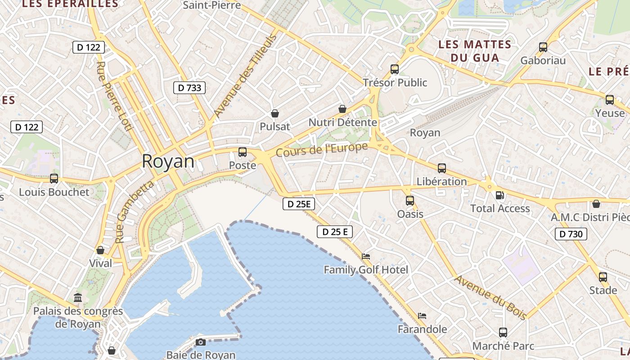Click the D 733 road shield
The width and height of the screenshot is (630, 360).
(189, 88)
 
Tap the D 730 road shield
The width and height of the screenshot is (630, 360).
(571, 234)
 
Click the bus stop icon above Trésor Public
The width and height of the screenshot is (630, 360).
(395, 69)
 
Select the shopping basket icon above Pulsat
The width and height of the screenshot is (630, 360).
(274, 113)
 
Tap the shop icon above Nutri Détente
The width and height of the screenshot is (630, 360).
(342, 109)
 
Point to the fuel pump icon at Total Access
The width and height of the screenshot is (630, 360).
(499, 195)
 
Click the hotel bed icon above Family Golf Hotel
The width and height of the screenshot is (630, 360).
(366, 256)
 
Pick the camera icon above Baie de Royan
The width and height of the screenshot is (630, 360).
(201, 342)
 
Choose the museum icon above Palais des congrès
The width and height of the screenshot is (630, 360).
(78, 297)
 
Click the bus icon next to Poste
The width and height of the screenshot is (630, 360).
(243, 152)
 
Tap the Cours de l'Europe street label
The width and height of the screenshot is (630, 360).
(322, 149)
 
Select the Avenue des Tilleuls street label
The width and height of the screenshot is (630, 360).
(245, 77)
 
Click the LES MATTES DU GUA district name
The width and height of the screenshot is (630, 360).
(475, 51)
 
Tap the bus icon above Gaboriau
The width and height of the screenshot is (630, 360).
(543, 47)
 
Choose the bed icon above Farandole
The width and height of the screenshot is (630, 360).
(422, 316)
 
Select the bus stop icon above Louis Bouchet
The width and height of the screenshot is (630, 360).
(54, 179)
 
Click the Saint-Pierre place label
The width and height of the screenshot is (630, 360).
(212, 5)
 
